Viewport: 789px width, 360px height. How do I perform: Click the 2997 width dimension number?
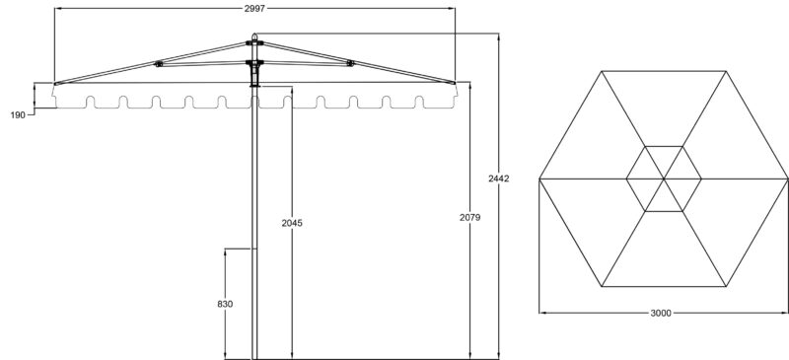(x=254, y=7)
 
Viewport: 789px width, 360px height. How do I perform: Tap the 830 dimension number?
(x=225, y=305)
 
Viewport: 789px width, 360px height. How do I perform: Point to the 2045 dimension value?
(x=291, y=222)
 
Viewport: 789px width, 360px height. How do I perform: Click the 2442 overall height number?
(x=499, y=179)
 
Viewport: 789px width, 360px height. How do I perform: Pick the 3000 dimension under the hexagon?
(x=662, y=314)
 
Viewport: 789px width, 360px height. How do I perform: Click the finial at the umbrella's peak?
(x=254, y=40)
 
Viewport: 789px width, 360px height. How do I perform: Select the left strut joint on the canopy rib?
(x=159, y=66)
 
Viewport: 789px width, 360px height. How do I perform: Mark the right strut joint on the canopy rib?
(x=350, y=66)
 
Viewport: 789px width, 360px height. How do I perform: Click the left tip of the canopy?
(x=55, y=83)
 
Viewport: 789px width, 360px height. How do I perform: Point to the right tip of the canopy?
(x=455, y=83)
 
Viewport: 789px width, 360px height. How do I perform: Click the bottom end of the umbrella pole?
(x=254, y=357)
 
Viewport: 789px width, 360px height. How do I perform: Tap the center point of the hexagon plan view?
(x=663, y=179)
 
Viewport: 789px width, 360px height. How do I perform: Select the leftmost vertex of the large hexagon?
(x=538, y=179)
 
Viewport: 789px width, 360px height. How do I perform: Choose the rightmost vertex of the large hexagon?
(x=787, y=179)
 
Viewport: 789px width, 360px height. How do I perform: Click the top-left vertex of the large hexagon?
(x=601, y=71)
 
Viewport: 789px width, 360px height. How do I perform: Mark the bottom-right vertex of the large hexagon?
(x=725, y=287)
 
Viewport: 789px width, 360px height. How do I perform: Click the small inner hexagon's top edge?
(x=663, y=147)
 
